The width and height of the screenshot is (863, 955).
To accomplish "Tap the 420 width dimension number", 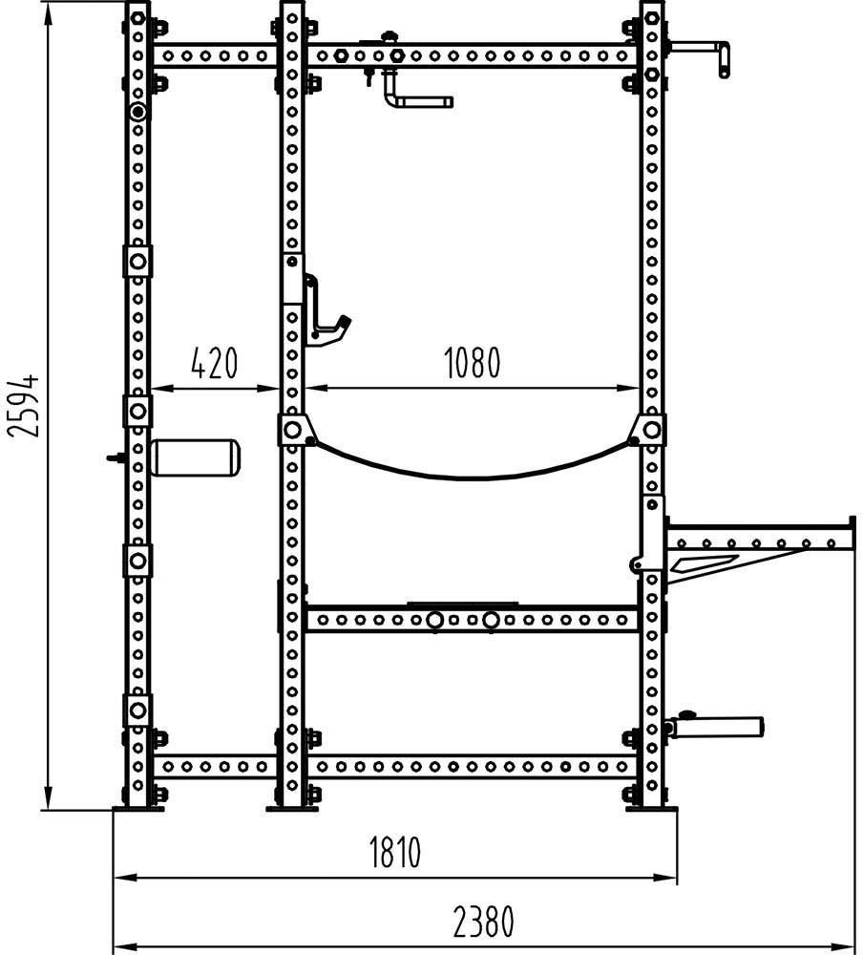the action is coord(214,363).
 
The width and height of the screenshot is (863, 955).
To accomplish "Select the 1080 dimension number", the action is coord(472,363).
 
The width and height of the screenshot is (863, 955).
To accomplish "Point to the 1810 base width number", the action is coord(395,852).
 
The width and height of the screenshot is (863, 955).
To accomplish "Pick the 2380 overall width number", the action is coord(484,921).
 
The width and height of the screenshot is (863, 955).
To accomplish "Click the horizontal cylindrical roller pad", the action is coord(196,456).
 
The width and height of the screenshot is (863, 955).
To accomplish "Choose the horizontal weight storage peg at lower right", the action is coord(716,726).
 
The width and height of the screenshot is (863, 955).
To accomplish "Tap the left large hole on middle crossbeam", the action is coord(434,621).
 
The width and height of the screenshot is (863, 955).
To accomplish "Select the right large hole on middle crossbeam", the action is coord(491,621).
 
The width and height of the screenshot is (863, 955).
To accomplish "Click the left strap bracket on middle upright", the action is coord(294,430).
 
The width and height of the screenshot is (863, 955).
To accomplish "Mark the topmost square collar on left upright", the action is coord(137,262).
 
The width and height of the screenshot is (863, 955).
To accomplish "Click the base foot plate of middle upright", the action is coord(292,809).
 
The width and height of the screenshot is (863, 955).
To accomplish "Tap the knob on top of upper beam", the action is coord(388,37).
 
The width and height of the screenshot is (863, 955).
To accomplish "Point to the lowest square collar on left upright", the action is coord(137,711).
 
